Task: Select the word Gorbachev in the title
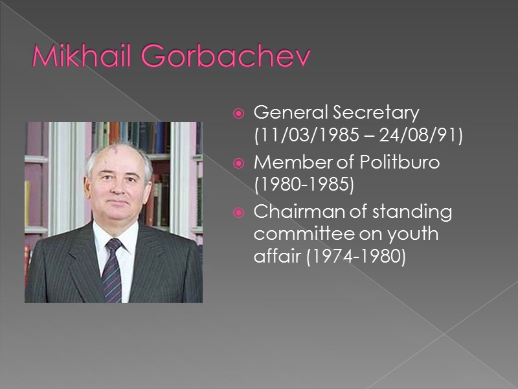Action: click(225, 58)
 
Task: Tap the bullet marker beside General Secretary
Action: click(238, 114)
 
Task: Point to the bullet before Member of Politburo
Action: click(238, 163)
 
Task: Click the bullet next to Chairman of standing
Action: click(238, 213)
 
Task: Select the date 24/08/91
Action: click(427, 137)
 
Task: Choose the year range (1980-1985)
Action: click(304, 186)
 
